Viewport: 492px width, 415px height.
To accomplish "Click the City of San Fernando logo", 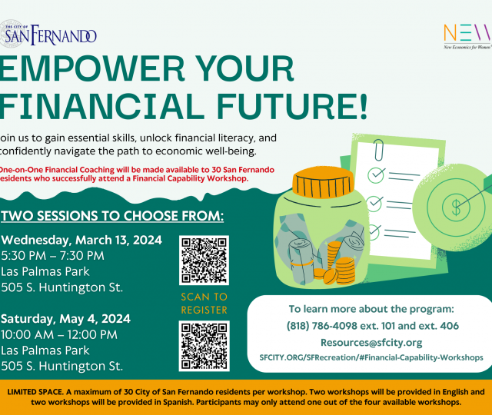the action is point(48,34).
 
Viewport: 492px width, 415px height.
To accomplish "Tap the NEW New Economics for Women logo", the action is point(467,37).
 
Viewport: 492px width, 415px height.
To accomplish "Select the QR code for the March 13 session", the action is point(204,261).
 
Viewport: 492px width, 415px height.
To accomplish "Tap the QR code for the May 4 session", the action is point(204,346).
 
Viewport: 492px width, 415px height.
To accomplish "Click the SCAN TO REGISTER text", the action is point(204,304).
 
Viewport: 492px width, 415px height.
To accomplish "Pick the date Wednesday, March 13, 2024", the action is point(81,241).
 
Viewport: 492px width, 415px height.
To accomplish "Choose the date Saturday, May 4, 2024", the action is point(65,319).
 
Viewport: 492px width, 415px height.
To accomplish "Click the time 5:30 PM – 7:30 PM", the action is point(52,256).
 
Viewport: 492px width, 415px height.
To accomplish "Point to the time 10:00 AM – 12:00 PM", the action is point(59,335).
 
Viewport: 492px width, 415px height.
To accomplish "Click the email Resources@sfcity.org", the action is point(371,343).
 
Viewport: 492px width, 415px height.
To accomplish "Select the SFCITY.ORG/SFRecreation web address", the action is point(371,357).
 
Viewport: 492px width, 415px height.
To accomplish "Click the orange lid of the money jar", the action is point(323,183).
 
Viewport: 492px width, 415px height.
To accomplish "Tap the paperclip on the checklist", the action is point(379,150).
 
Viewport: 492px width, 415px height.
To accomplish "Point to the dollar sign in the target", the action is point(456,207).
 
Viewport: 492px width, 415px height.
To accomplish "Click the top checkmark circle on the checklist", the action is point(376,175).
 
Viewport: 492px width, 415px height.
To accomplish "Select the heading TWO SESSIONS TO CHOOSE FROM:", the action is point(112,216).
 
